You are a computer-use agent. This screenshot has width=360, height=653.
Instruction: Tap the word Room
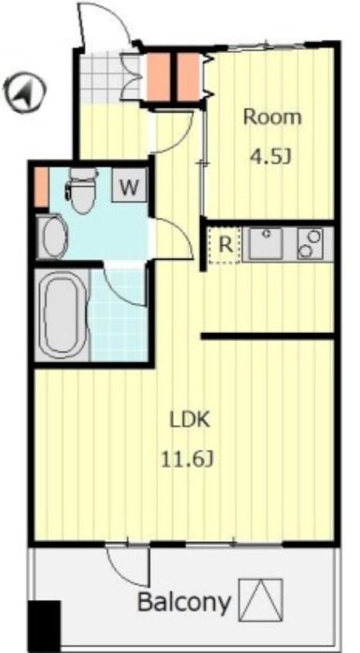(272, 117)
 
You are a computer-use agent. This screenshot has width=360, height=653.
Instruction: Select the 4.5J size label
(269, 157)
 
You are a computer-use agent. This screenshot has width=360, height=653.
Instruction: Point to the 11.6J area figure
(188, 460)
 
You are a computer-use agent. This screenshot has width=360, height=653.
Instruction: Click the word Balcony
(184, 602)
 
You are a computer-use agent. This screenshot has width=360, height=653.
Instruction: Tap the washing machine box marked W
(129, 185)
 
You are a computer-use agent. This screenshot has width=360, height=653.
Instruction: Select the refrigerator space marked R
(225, 246)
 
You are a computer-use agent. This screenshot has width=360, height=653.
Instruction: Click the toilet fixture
(82, 190)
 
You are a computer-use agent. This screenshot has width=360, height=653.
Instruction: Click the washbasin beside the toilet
(52, 236)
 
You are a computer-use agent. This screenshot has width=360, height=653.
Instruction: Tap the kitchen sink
(266, 243)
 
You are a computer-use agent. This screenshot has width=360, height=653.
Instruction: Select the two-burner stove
(310, 243)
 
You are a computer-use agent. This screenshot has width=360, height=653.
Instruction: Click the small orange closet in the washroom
(41, 187)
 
